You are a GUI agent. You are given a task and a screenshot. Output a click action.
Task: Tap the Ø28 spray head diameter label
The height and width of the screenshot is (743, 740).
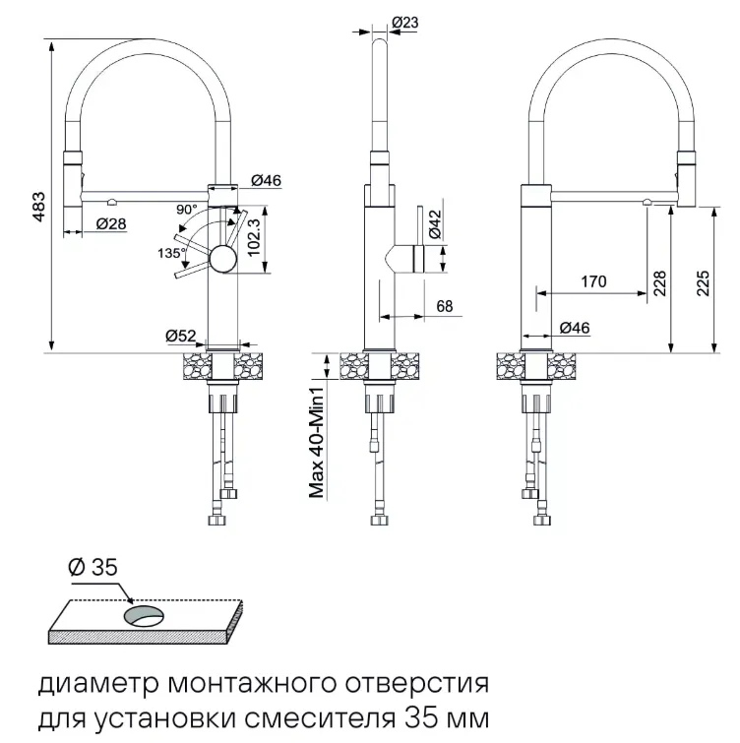point(111,224)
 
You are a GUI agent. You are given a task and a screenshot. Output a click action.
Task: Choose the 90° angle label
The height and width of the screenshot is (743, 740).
point(187,210)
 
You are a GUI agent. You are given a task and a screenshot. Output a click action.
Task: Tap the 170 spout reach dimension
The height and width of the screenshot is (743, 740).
point(593,281)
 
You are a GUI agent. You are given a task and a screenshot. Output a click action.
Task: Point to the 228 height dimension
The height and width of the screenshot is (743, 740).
point(659,284)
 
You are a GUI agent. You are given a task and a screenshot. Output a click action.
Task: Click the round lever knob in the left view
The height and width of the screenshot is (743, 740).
point(222,260)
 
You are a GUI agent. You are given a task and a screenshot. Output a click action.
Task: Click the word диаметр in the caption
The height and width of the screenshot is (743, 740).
point(86,682)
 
